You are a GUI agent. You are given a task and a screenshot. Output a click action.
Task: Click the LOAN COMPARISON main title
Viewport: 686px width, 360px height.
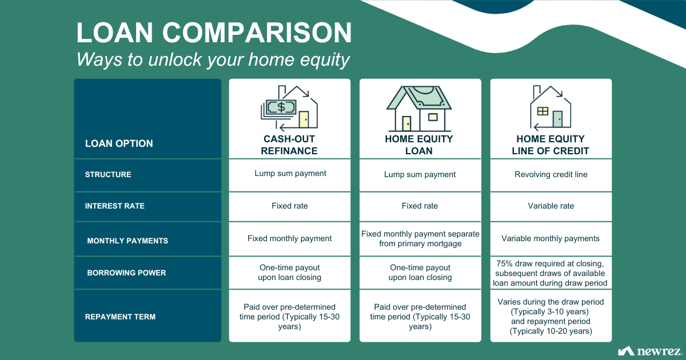coord(214,33)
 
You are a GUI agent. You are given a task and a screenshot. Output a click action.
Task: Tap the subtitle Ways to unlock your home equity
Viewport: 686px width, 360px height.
coord(213,59)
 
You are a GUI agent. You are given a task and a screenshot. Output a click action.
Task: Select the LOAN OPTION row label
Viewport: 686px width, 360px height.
coord(119,143)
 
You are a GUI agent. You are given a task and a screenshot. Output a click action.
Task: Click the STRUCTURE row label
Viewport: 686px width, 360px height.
coord(108,174)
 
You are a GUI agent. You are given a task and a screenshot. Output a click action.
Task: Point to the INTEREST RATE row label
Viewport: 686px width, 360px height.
coord(115,206)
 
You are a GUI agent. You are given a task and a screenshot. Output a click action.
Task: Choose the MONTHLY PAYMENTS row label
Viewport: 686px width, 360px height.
coord(127,241)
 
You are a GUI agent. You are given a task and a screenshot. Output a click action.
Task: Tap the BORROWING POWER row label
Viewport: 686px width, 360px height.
coord(126,273)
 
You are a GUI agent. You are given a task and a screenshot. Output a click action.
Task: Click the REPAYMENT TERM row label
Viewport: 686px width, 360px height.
coord(121,317)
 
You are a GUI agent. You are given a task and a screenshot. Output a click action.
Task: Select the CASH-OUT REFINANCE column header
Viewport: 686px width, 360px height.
coord(289,145)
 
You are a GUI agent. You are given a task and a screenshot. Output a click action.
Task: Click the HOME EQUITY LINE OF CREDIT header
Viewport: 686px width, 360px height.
coord(551,145)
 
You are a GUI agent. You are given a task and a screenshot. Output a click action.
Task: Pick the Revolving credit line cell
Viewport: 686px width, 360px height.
coord(551,174)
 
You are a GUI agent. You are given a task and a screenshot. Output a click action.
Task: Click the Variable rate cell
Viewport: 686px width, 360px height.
coord(551,206)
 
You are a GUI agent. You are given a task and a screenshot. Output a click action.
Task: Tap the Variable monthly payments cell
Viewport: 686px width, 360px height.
coord(551,238)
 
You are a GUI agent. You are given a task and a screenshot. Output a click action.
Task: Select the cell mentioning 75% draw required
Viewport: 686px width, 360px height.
coord(550,273)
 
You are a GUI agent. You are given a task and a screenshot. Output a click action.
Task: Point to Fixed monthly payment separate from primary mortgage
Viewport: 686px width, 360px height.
coord(420,239)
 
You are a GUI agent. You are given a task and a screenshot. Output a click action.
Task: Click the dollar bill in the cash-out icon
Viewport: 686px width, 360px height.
coord(281,107)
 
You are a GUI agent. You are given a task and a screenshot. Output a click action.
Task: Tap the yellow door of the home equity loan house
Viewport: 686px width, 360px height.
coord(406,123)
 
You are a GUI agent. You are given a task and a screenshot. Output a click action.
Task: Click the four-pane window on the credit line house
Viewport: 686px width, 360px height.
coord(543,111)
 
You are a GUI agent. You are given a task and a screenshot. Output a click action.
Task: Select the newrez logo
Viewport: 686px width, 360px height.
coord(649,351)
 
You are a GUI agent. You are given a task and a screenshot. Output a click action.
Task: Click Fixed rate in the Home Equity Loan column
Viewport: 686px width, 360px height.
coord(420,206)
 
